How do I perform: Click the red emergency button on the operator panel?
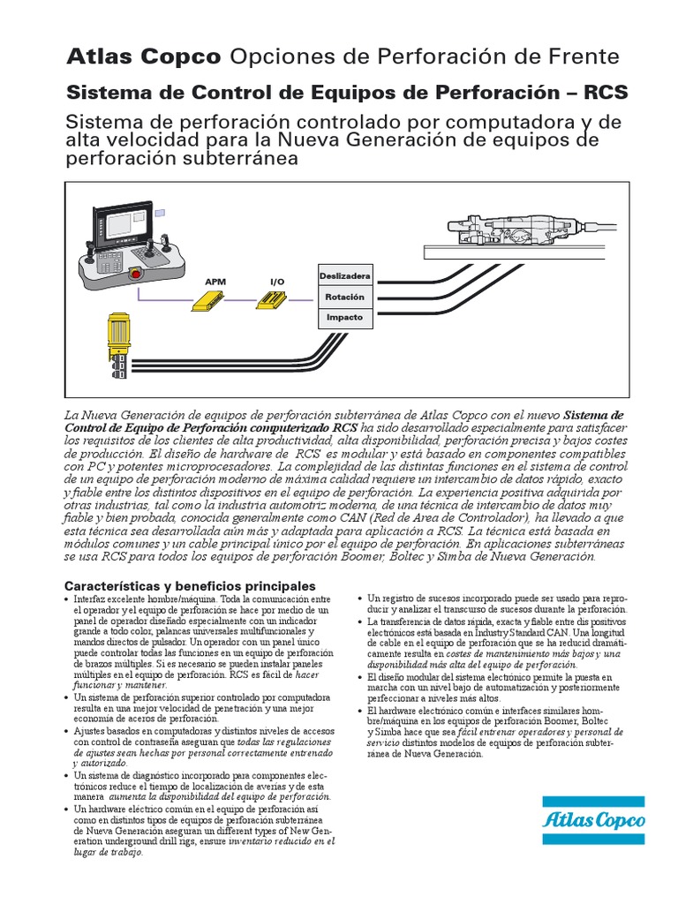(x=135, y=273)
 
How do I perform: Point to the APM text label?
(x=216, y=282)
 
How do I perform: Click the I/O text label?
(x=277, y=282)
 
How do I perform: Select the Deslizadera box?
(x=344, y=276)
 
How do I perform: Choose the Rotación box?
(x=344, y=297)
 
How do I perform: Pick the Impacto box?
(x=344, y=317)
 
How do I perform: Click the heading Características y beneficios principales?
(x=191, y=586)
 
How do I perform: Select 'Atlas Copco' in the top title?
(x=144, y=58)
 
